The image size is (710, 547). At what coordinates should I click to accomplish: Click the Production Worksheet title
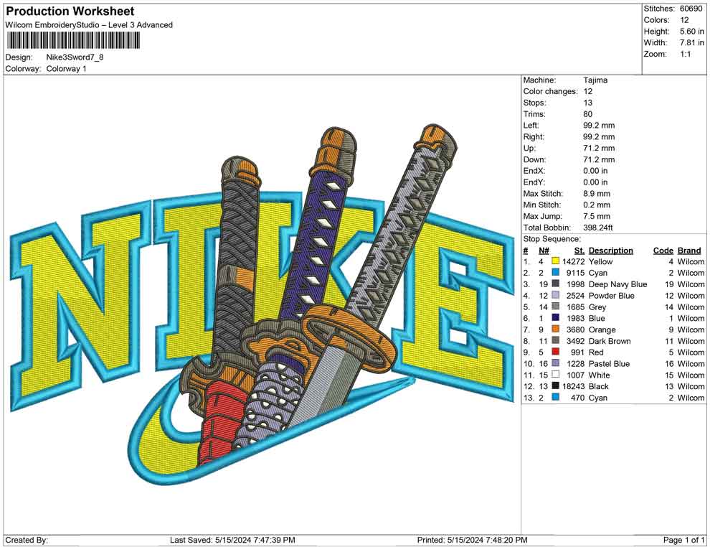point(70,11)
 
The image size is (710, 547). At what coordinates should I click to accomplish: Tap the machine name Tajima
point(595,80)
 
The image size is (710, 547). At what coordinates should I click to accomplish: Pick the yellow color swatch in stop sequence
point(555,262)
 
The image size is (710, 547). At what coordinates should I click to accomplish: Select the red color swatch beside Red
point(555,352)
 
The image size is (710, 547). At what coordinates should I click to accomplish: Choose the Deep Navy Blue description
point(617,284)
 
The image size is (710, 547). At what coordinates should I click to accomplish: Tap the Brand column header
point(689,251)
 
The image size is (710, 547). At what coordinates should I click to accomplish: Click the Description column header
point(610,251)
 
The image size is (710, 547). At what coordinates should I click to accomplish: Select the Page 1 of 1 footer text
point(684,540)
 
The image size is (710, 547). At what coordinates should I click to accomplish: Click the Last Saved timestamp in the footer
point(232,540)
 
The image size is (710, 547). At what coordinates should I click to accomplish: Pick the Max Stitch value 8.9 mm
point(597,194)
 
